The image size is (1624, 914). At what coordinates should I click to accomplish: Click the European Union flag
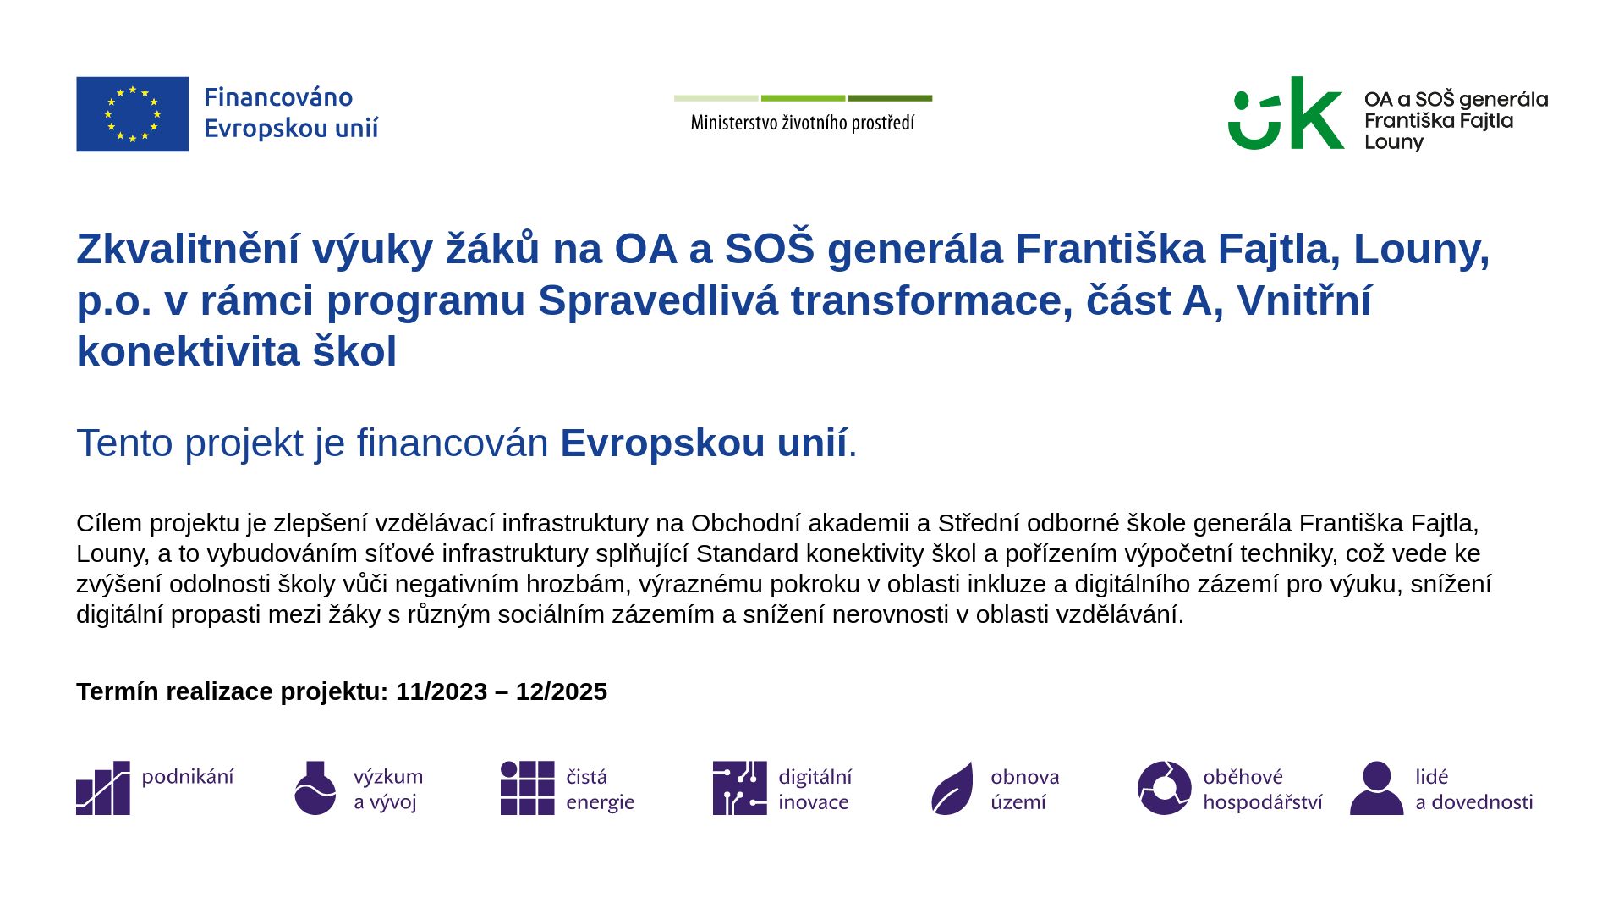tap(133, 114)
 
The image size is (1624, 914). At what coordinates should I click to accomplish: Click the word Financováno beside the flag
tap(278, 98)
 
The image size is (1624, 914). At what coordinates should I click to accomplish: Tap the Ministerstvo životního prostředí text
tap(803, 124)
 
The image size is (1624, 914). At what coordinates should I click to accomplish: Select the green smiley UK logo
tap(1286, 113)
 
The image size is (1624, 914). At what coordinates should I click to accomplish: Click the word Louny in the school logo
tap(1394, 143)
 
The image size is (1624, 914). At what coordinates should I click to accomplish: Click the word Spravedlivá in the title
tap(658, 300)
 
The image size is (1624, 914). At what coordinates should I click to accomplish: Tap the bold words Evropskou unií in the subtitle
tap(704, 443)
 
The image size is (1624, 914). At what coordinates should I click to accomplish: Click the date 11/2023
tap(442, 691)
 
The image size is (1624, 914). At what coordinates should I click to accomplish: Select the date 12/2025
tap(562, 691)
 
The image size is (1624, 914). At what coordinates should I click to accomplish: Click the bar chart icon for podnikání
tap(103, 788)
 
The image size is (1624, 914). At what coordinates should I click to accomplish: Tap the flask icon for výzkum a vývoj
tap(315, 788)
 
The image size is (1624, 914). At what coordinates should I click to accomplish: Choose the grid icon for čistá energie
tap(528, 788)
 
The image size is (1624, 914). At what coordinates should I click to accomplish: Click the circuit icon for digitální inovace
tap(740, 788)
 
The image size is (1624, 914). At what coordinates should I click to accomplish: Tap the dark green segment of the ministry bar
tap(890, 98)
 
